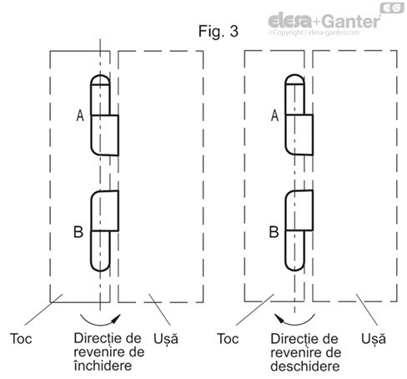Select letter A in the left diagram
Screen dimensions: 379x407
[80, 118]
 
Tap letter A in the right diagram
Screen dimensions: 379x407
[274, 118]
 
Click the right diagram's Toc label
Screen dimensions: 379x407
[227, 340]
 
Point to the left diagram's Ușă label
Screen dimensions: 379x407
[165, 340]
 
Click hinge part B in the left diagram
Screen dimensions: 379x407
[103, 230]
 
